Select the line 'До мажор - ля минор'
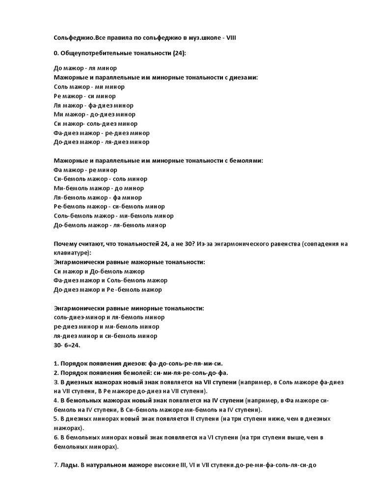[x=85, y=68]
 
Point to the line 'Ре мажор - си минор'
[x=84, y=96]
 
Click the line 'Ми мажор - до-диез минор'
[x=94, y=114]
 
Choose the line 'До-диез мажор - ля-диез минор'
[x=101, y=142]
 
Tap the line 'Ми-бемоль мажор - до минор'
[x=99, y=188]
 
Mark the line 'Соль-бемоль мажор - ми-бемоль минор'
[x=113, y=216]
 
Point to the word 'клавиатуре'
[x=72, y=253]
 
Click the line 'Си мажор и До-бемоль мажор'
[x=99, y=271]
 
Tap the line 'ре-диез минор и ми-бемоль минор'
[x=106, y=327]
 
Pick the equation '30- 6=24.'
[x=68, y=345]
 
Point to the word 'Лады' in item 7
[x=70, y=465]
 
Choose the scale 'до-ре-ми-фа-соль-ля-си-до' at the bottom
[x=279, y=465]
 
